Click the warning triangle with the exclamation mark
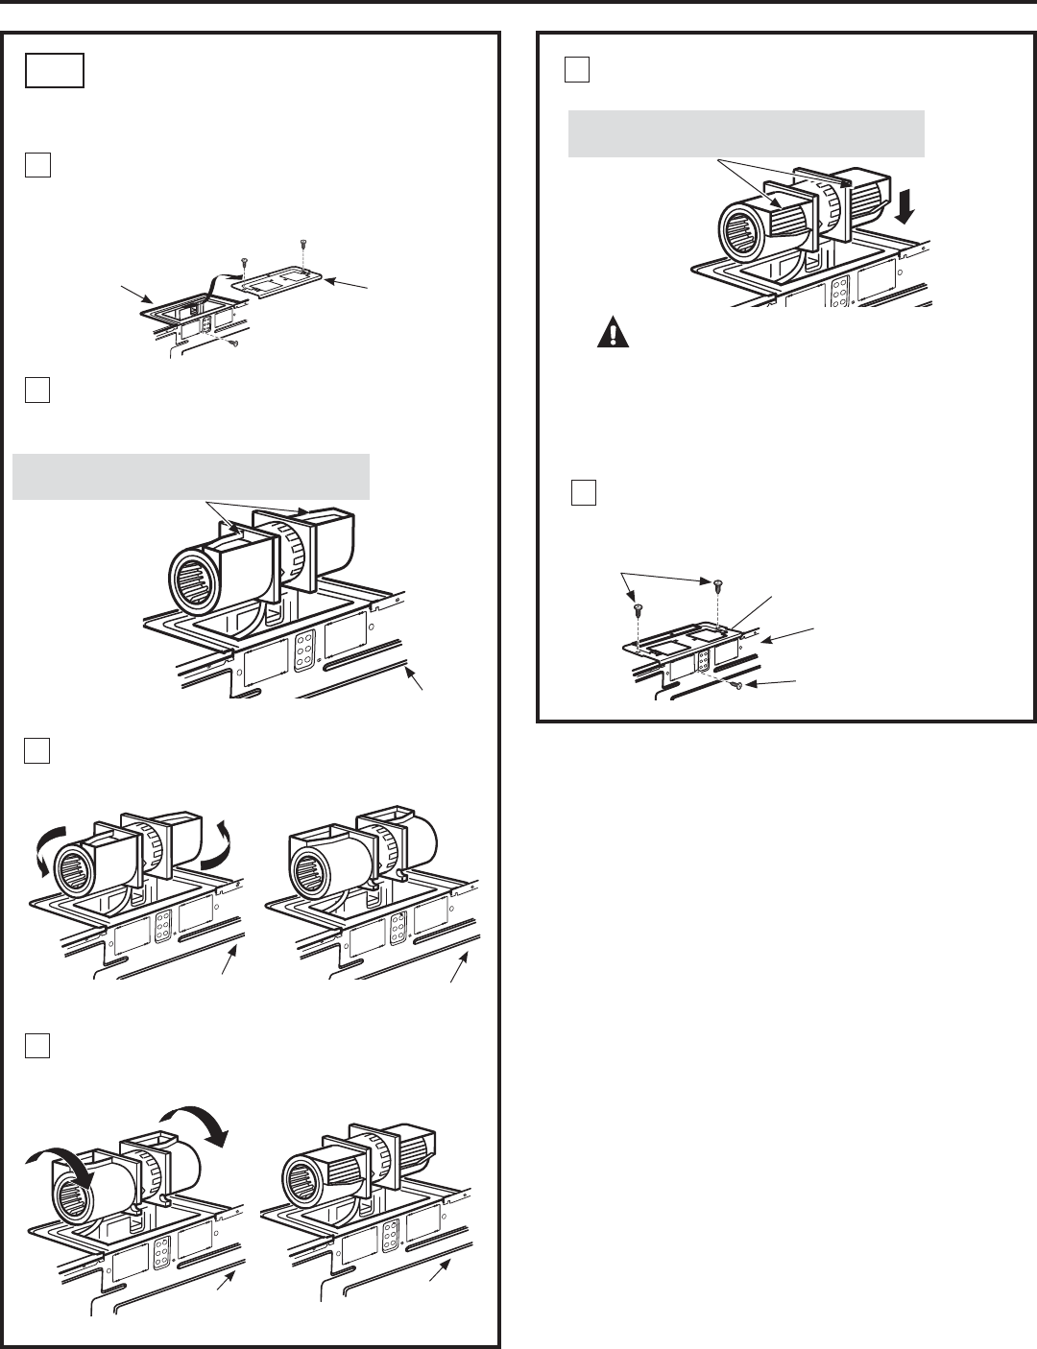(611, 332)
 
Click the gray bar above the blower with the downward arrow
(746, 133)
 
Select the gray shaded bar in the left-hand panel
(191, 476)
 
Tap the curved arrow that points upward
(225, 823)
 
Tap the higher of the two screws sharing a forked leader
(716, 582)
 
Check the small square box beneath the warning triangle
(583, 492)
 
